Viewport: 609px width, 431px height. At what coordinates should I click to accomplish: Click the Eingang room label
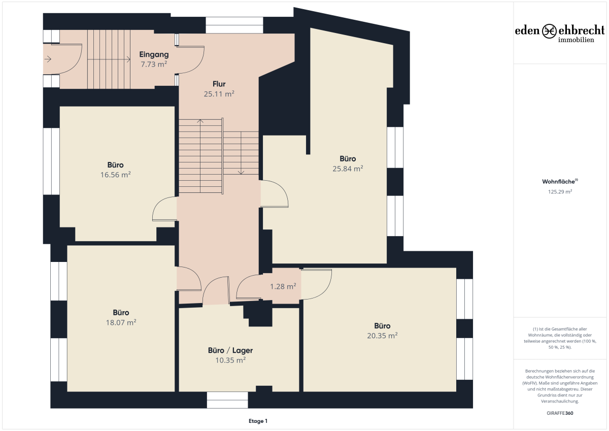pyautogui.click(x=154, y=54)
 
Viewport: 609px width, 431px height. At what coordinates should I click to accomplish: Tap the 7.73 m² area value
pyautogui.click(x=154, y=64)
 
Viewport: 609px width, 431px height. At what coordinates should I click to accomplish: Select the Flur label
pyautogui.click(x=219, y=84)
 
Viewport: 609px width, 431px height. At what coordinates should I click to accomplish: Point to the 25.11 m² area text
pyautogui.click(x=219, y=94)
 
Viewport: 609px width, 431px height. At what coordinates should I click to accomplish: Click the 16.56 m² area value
pyautogui.click(x=116, y=175)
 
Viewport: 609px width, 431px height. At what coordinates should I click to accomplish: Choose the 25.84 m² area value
pyautogui.click(x=348, y=169)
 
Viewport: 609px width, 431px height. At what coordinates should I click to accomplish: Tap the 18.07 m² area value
pyautogui.click(x=121, y=322)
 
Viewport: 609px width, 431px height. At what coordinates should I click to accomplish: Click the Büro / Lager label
pyautogui.click(x=230, y=350)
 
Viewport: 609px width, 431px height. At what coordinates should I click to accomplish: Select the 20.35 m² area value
pyautogui.click(x=382, y=336)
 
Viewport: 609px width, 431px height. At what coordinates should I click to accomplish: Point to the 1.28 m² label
pyautogui.click(x=283, y=286)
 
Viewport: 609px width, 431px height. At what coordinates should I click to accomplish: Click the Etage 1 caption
pyautogui.click(x=258, y=421)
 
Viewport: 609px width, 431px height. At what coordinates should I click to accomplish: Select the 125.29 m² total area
pyautogui.click(x=560, y=192)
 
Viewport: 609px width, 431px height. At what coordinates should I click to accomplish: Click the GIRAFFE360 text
pyautogui.click(x=560, y=413)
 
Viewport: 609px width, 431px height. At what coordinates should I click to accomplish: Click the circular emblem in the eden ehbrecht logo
pyautogui.click(x=549, y=31)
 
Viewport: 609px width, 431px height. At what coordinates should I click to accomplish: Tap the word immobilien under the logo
pyautogui.click(x=576, y=40)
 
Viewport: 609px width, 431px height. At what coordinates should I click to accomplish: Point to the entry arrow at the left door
pyautogui.click(x=48, y=59)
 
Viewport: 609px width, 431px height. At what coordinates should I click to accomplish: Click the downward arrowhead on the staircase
pyautogui.click(x=241, y=173)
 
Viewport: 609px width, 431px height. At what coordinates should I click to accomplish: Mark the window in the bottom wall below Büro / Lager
pyautogui.click(x=227, y=400)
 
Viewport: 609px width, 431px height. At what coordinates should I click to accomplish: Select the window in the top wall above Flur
pyautogui.click(x=234, y=25)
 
